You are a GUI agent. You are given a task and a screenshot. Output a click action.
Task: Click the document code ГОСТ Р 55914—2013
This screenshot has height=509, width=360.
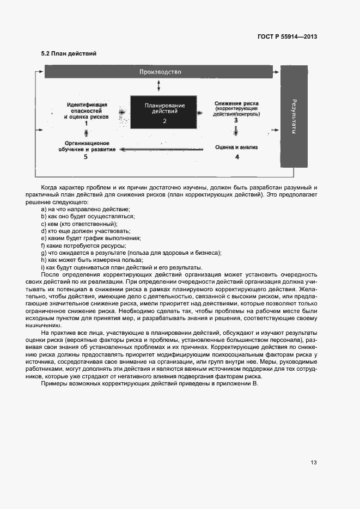(x=286, y=36)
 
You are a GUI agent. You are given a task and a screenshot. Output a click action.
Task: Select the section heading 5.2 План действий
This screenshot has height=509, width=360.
(x=69, y=54)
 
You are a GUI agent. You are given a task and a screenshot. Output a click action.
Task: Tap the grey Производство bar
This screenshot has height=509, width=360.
(x=160, y=72)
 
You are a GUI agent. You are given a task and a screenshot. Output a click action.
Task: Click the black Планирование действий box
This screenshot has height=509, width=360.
(x=164, y=112)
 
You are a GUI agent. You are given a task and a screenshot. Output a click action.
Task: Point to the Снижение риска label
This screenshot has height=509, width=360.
(x=236, y=103)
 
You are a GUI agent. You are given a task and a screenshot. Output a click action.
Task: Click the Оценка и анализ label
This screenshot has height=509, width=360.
(x=236, y=147)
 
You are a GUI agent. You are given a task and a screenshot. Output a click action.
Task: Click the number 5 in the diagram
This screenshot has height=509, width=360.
(x=86, y=157)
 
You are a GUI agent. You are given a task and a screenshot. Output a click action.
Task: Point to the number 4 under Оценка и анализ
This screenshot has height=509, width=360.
(x=236, y=157)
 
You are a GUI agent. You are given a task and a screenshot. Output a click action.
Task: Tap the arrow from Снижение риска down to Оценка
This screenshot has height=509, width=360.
(x=236, y=132)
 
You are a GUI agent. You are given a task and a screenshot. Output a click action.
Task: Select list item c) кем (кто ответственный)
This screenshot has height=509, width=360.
(x=79, y=224)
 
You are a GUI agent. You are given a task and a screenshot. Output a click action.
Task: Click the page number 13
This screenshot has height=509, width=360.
(x=314, y=463)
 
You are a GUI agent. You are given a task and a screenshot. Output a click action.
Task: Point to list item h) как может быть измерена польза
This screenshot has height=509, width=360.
(x=82, y=260)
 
